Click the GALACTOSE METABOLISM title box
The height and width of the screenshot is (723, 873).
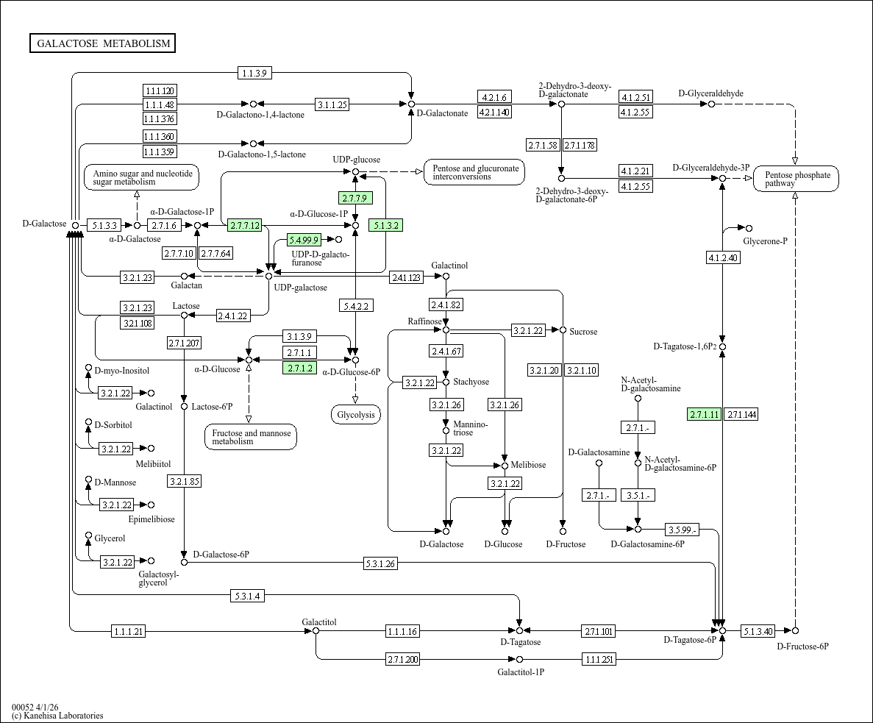tap(103, 43)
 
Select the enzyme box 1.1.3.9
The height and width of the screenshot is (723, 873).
tap(255, 73)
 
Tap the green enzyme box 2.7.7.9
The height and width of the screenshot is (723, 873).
tap(355, 198)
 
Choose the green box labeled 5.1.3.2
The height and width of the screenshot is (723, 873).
tap(386, 225)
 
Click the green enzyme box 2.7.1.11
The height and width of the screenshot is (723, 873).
tap(704, 414)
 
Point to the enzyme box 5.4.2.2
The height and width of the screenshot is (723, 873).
tap(355, 305)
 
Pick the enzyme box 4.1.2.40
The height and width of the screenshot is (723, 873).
tap(722, 257)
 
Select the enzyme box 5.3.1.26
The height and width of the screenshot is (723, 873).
tap(380, 564)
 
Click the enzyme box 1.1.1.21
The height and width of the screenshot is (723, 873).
tap(129, 631)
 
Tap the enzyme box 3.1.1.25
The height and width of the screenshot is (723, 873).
tap(332, 104)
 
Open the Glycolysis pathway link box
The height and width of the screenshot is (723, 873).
tap(356, 415)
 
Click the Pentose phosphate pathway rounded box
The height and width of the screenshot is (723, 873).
tap(796, 179)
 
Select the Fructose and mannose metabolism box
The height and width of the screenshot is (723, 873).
tap(251, 437)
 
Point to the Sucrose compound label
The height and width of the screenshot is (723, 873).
tap(583, 332)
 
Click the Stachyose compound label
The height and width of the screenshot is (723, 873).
tap(471, 382)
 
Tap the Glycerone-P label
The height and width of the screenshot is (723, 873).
tap(765, 241)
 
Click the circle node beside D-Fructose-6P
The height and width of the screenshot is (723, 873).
tap(795, 631)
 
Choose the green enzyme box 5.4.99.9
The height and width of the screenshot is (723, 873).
tap(304, 240)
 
